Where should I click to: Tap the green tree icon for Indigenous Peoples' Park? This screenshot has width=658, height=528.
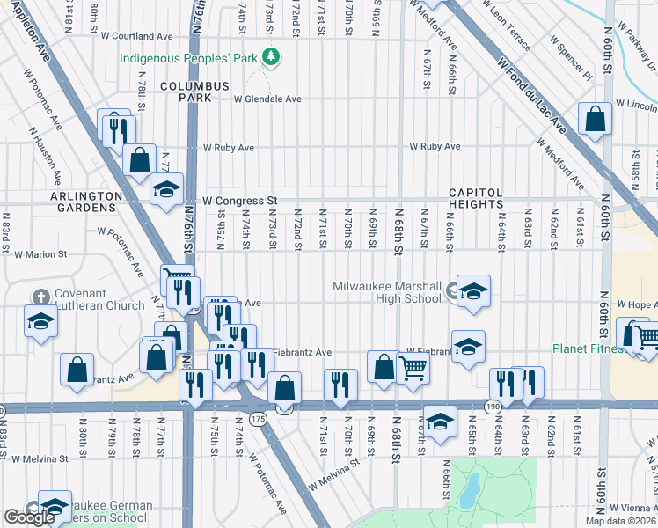pyautogui.click(x=273, y=57)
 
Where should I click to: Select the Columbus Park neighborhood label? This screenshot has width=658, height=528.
pyautogui.click(x=194, y=92)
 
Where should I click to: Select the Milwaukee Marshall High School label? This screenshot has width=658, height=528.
pyautogui.click(x=387, y=292)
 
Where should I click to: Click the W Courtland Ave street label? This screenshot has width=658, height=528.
pyautogui.click(x=136, y=36)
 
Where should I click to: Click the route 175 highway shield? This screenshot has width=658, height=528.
pyautogui.click(x=257, y=421)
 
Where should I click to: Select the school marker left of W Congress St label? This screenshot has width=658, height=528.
pyautogui.click(x=166, y=189)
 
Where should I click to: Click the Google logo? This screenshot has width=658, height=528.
pyautogui.click(x=29, y=517)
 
